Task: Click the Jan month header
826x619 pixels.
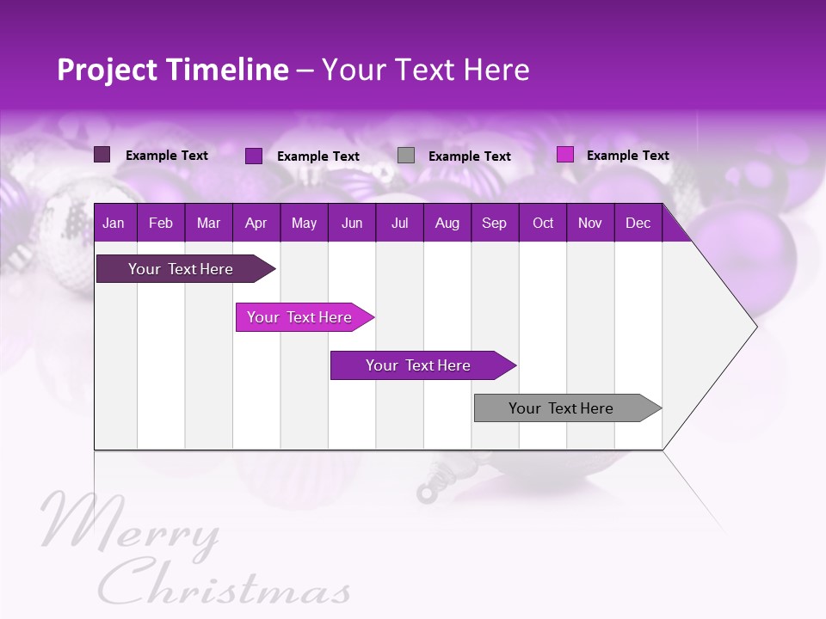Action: click(114, 224)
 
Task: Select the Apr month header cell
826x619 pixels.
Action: click(256, 224)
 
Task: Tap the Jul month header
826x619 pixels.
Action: click(399, 224)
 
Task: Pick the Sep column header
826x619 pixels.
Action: click(494, 224)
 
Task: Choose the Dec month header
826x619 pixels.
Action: click(638, 224)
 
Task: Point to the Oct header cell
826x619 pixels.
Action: click(543, 224)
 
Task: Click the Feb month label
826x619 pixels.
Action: click(161, 224)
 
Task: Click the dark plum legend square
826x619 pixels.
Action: click(102, 155)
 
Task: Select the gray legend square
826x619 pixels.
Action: click(406, 156)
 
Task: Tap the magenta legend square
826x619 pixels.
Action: click(564, 155)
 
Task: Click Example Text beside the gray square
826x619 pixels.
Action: click(469, 156)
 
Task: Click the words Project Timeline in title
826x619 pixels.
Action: click(172, 70)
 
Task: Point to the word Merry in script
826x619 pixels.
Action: click(129, 524)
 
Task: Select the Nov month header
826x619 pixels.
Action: click(590, 224)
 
